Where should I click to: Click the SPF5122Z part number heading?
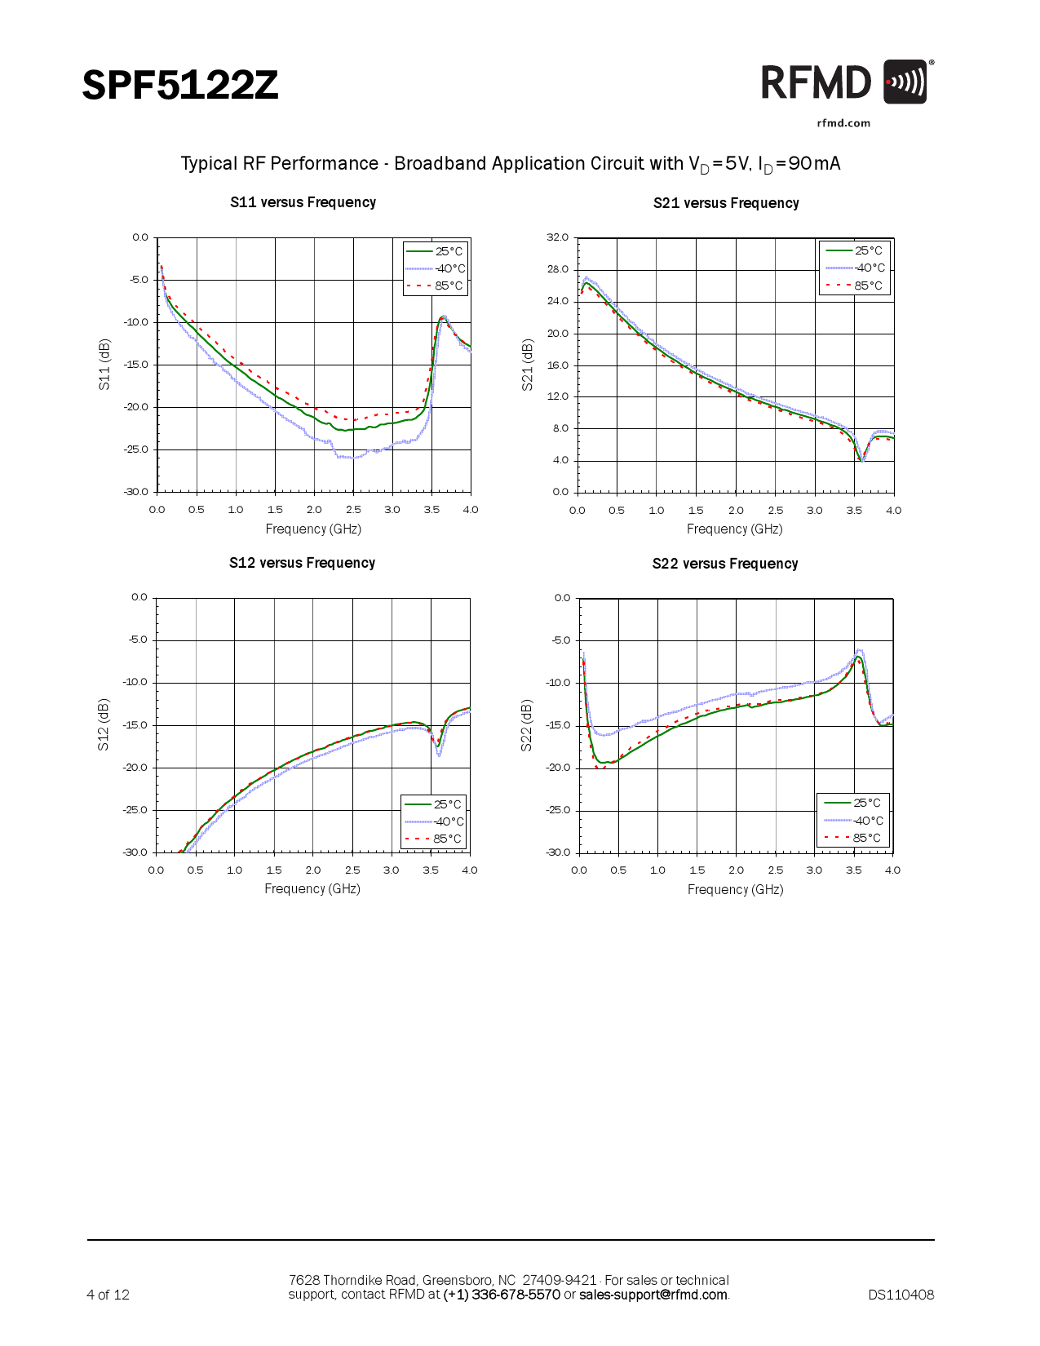pyautogui.click(x=180, y=86)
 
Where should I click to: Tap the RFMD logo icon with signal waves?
pyautogui.click(x=905, y=82)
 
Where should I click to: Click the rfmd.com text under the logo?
pyautogui.click(x=843, y=123)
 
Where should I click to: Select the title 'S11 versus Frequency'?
pyautogui.click(x=303, y=202)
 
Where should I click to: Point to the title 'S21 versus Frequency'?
pyautogui.click(x=726, y=203)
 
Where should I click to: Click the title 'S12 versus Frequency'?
pyautogui.click(x=302, y=563)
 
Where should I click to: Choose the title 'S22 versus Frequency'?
pyautogui.click(x=725, y=564)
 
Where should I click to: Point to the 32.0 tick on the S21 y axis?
pyautogui.click(x=558, y=237)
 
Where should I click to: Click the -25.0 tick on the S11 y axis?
pyautogui.click(x=136, y=449)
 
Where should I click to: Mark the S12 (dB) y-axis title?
pyautogui.click(x=104, y=724)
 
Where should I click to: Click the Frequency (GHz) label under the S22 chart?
pyautogui.click(x=735, y=889)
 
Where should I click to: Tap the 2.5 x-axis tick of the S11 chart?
pyautogui.click(x=353, y=510)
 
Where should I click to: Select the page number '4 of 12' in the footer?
pyautogui.click(x=108, y=1295)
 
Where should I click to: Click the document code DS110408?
pyautogui.click(x=901, y=1295)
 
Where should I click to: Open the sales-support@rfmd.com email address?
pyautogui.click(x=653, y=1295)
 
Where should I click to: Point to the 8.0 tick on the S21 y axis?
pyautogui.click(x=560, y=428)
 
